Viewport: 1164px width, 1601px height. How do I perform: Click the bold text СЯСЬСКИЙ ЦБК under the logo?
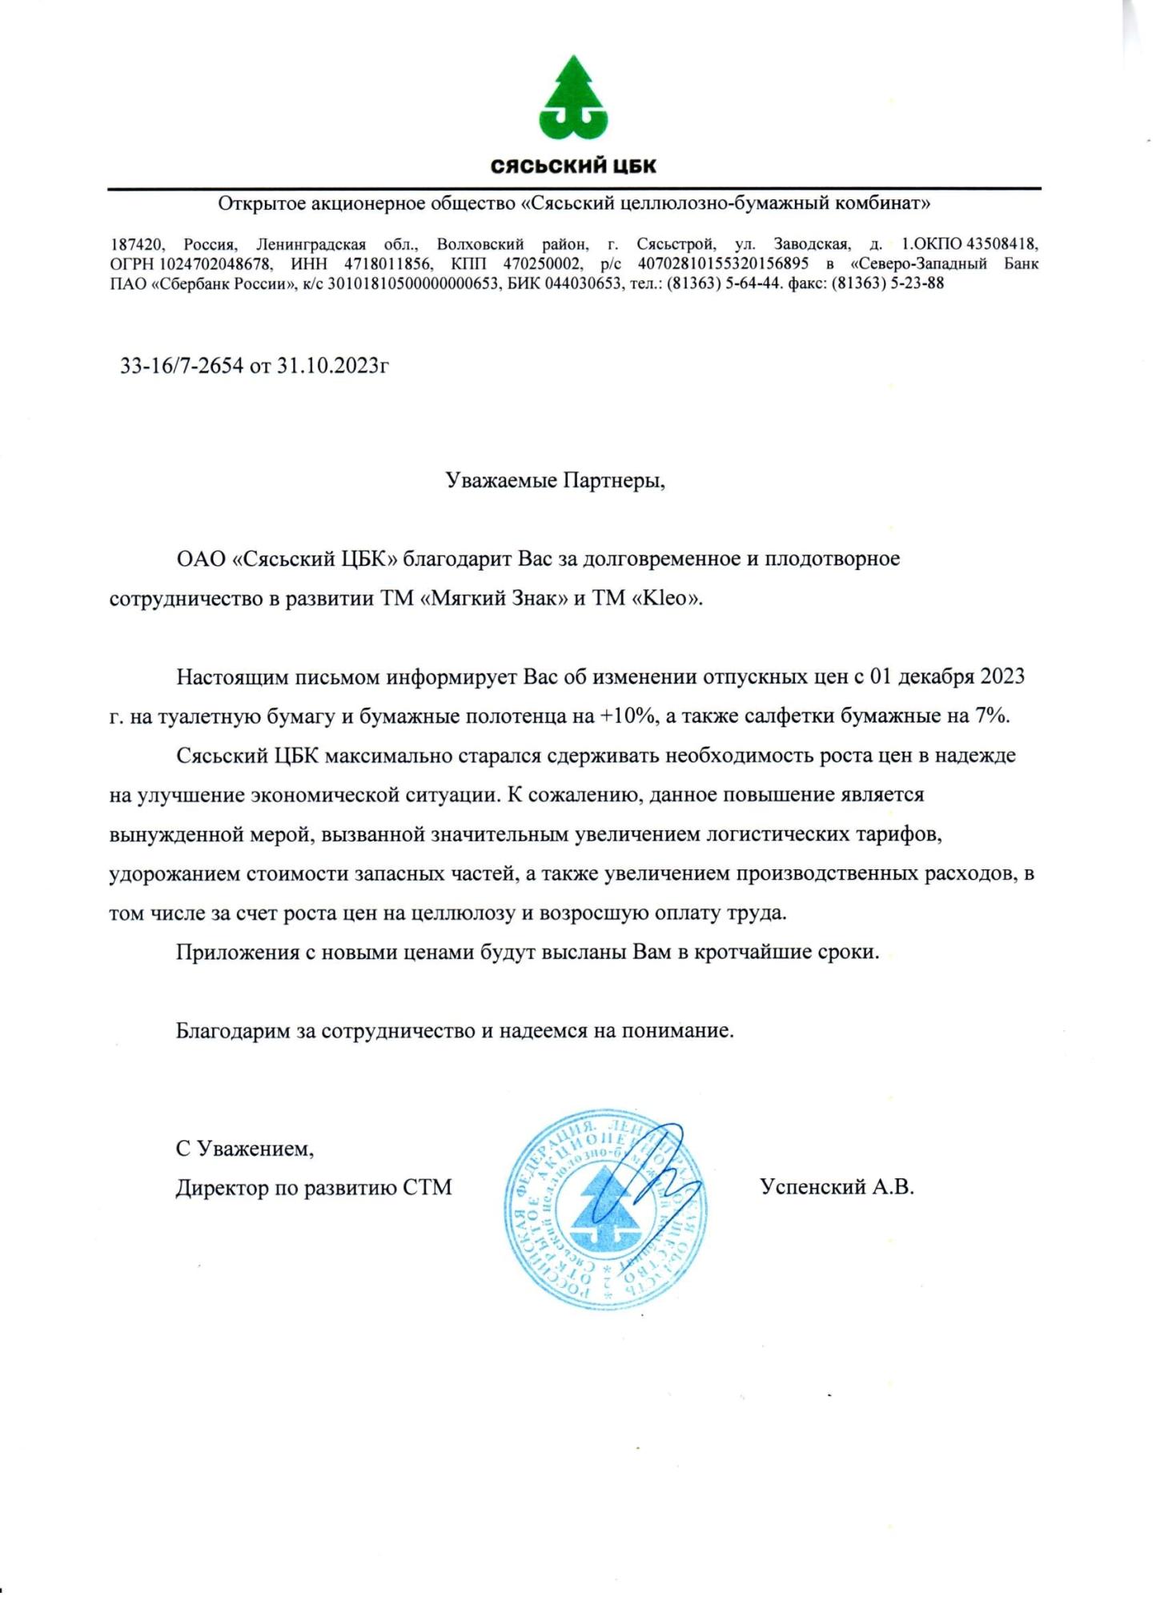tap(573, 167)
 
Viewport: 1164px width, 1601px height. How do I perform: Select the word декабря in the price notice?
tap(929, 676)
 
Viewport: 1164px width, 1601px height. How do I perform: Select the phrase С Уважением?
tap(245, 1149)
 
